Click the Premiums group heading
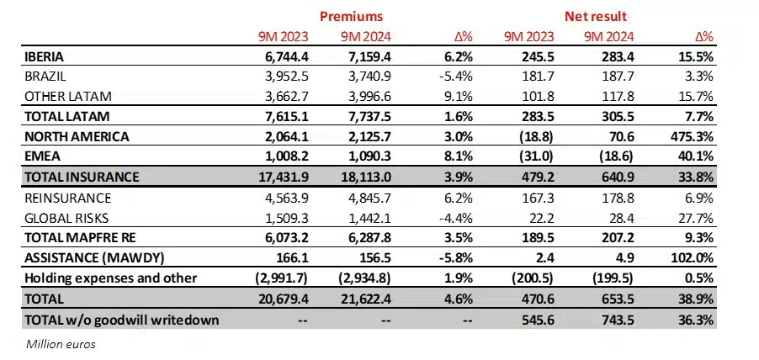pos(353,16)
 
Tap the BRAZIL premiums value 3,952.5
pos(283,76)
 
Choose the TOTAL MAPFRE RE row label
pos(75,237)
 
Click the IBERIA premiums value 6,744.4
pos(283,57)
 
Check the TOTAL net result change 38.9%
pos(695,299)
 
